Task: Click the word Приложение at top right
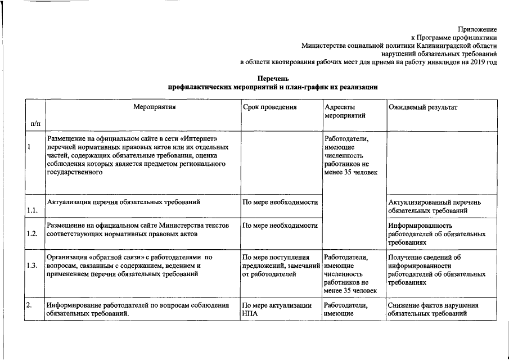point(478,29)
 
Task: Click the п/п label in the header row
point(35,123)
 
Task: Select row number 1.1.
point(33,210)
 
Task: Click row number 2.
point(29,305)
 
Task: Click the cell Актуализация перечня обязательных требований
point(124,201)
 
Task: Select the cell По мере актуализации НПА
point(276,309)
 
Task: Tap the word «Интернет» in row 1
point(202,138)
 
